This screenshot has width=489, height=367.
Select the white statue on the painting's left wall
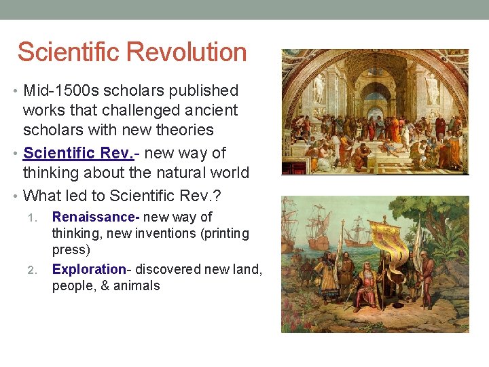coord(318,88)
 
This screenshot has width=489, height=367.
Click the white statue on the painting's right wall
coord(433,88)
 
